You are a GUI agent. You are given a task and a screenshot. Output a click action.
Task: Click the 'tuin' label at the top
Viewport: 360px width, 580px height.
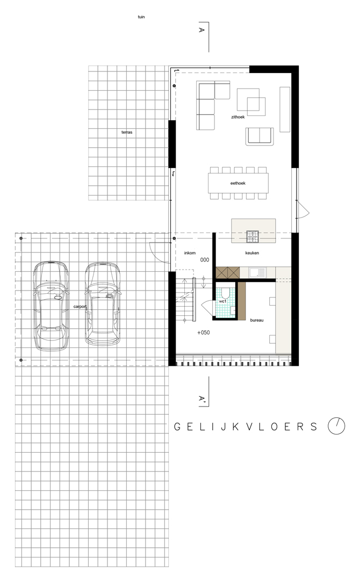tap(141, 17)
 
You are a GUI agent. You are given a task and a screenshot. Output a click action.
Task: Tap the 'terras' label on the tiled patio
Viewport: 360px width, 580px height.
tap(127, 132)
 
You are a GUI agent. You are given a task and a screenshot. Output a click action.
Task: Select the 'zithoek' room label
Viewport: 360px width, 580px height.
tap(238, 117)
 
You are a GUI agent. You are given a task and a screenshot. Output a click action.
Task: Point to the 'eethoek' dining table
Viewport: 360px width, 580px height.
tap(238, 183)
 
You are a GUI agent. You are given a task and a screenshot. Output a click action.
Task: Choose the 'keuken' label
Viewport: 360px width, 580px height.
tap(252, 253)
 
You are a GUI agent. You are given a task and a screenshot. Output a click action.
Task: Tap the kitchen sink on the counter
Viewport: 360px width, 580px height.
tap(257, 273)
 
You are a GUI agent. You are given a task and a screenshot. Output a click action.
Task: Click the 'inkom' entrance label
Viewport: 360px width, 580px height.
tap(190, 253)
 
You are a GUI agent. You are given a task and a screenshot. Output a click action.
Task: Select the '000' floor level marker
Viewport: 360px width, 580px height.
tap(205, 260)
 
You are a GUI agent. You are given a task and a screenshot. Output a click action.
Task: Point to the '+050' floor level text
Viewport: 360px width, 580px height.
tap(204, 332)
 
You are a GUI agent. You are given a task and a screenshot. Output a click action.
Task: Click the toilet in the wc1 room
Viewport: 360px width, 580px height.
tap(225, 293)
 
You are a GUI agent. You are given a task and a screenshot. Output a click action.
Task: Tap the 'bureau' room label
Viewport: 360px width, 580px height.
tap(257, 320)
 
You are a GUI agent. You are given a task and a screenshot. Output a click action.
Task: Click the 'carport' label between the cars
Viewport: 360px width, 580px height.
tap(80, 307)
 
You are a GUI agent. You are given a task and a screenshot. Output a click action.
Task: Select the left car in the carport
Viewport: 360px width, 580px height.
tap(51, 306)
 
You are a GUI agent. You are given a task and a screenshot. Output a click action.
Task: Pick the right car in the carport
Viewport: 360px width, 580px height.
tap(103, 304)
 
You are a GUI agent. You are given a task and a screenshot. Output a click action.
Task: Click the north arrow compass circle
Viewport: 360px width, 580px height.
tap(336, 426)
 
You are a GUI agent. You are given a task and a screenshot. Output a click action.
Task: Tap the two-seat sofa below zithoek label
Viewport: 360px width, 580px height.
tap(260, 136)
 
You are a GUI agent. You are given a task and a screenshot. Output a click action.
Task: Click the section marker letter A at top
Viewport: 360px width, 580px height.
tap(201, 30)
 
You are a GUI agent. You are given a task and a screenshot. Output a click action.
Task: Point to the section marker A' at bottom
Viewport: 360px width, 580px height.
tap(202, 398)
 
